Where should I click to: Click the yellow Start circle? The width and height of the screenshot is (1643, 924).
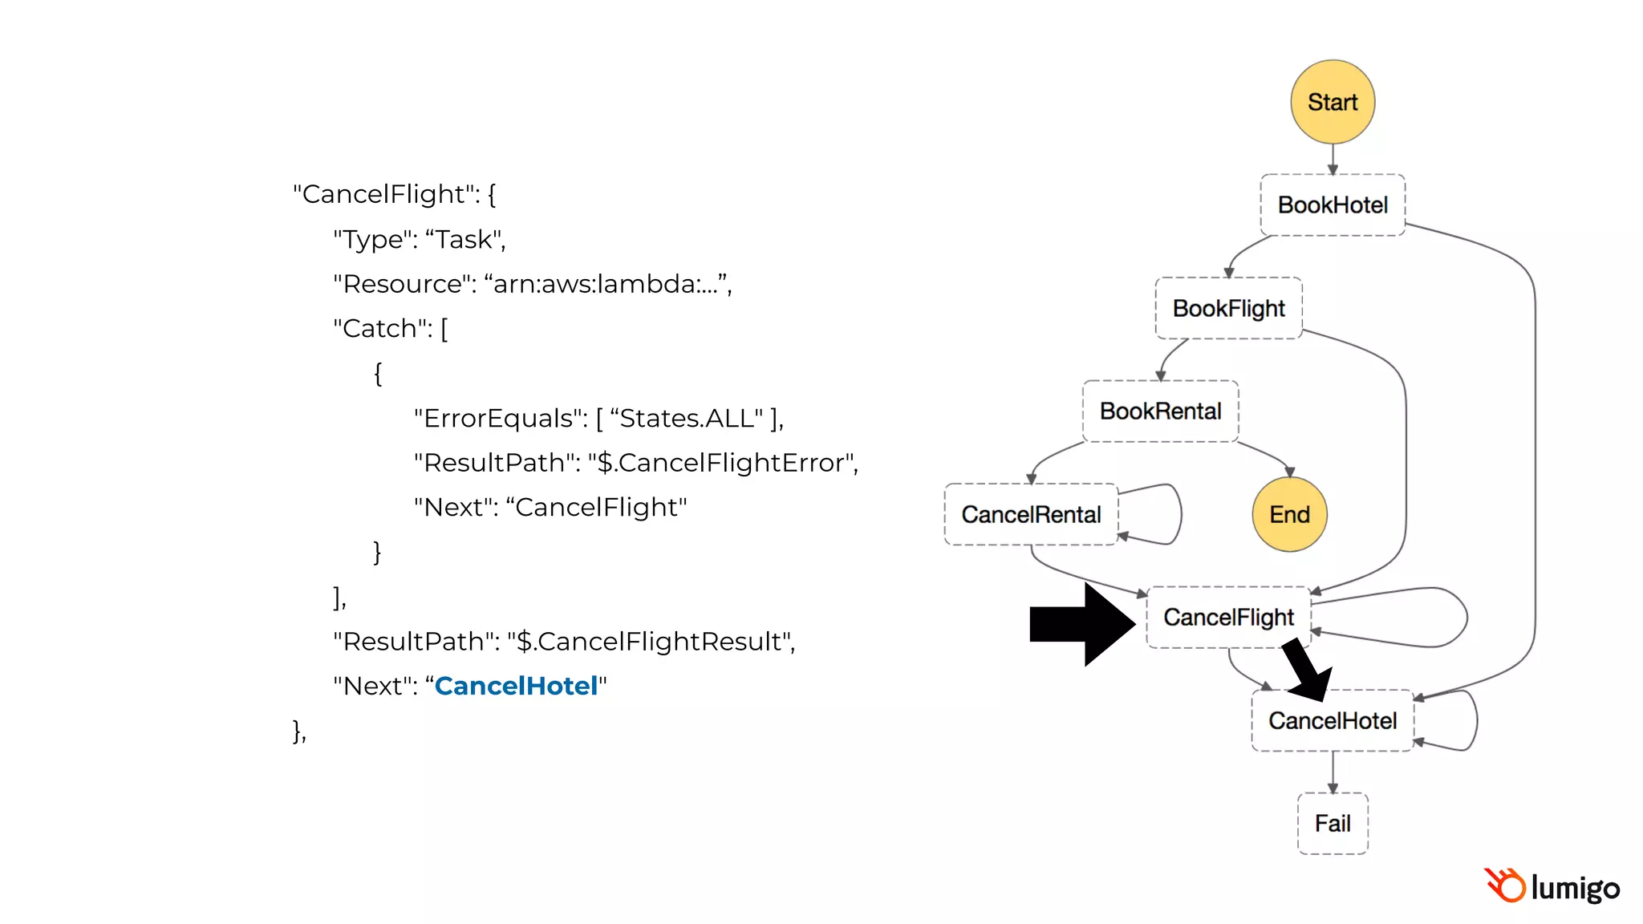pyautogui.click(x=1332, y=102)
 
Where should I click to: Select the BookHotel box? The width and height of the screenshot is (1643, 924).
pyautogui.click(x=1332, y=205)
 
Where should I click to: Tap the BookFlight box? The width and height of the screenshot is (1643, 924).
pyautogui.click(x=1228, y=308)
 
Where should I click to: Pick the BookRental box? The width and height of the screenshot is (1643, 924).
pyautogui.click(x=1160, y=411)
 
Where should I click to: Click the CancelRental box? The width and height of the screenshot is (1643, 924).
pyautogui.click(x=1031, y=514)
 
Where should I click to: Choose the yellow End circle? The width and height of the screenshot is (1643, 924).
pyautogui.click(x=1289, y=514)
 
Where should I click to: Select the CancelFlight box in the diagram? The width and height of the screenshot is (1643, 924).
pyautogui.click(x=1228, y=617)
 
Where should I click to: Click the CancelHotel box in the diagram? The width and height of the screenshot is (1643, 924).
pyautogui.click(x=1332, y=720)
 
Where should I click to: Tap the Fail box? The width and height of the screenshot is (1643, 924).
pyautogui.click(x=1333, y=823)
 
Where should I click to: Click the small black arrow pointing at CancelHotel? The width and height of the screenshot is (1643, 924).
pyautogui.click(x=1306, y=669)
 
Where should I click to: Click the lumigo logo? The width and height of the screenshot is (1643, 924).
pyautogui.click(x=1552, y=887)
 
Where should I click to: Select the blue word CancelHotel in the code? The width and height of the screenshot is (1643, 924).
pyautogui.click(x=516, y=686)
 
